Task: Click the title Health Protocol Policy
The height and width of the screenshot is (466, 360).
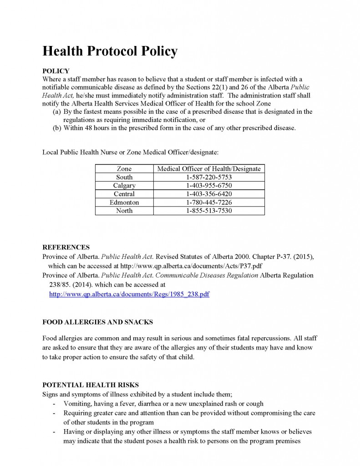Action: point(109,51)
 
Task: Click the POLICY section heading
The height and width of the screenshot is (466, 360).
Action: point(56,71)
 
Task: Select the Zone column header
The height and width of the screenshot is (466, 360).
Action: point(124,169)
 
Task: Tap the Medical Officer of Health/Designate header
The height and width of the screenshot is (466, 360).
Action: point(209,169)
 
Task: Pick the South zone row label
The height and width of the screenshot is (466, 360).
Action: point(124,177)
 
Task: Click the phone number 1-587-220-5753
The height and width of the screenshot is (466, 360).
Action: point(209,177)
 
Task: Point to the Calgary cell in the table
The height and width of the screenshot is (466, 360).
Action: point(124,186)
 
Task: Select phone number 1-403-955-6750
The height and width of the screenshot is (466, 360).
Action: point(209,186)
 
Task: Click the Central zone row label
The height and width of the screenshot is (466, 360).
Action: point(124,194)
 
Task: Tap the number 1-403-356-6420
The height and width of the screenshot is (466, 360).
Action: point(209,194)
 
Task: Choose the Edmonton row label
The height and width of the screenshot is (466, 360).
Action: point(124,202)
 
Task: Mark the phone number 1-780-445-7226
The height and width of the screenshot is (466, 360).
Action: point(209,202)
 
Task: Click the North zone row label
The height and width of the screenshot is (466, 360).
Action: point(124,211)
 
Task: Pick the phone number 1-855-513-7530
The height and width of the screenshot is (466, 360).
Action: point(209,211)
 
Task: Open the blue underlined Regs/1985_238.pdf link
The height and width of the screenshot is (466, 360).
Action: point(129,294)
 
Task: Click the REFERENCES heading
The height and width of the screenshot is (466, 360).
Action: point(66,248)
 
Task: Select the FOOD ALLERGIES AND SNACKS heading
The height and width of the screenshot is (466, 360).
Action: point(97,322)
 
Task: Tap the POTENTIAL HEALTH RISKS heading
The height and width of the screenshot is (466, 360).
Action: point(91,385)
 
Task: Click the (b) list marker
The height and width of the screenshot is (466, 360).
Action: point(57,128)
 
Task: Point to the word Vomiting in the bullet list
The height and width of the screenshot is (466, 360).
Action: point(78,404)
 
